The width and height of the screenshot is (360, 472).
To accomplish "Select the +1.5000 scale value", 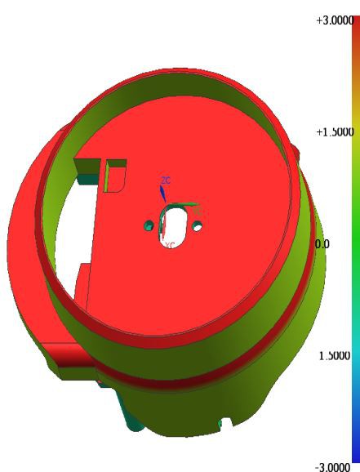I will (x=333, y=131).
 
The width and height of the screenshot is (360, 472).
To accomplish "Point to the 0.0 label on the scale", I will (x=321, y=244).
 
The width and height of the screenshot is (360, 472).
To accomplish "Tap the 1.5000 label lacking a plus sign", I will (x=333, y=356).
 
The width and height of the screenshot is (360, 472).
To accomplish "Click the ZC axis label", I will (x=166, y=179).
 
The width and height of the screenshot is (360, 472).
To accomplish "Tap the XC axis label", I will (x=170, y=244).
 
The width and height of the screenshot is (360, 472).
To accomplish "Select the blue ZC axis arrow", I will (x=162, y=193).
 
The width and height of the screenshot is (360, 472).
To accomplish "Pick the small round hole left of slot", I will (x=148, y=224).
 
